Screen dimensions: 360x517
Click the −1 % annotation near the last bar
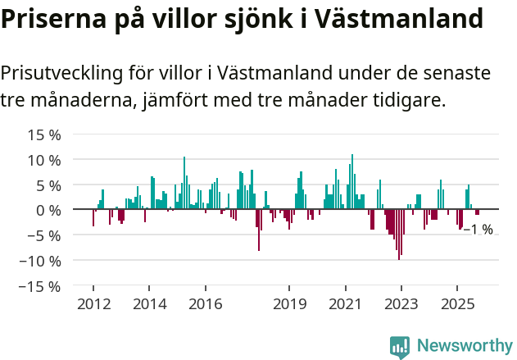[478, 230]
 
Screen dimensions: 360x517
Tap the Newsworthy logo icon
[399, 346]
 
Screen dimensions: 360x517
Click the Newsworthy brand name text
[464, 346]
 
